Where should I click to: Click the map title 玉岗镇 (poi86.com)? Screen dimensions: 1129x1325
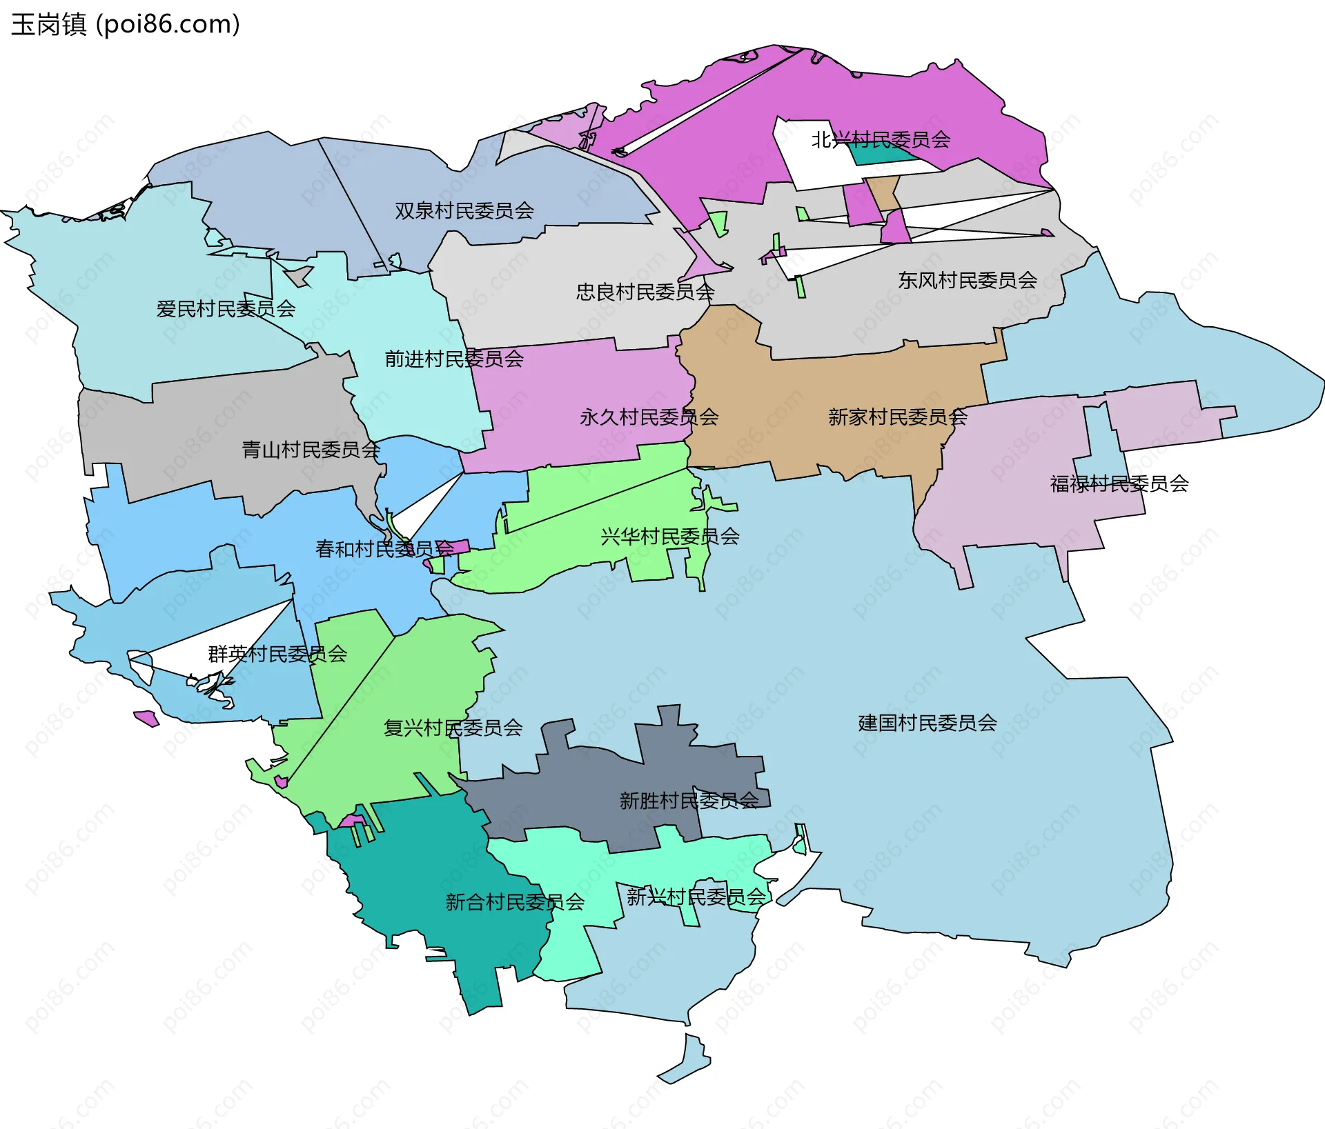126,24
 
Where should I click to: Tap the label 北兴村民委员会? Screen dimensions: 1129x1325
881,140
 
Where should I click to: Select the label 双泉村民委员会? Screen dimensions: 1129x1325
464,210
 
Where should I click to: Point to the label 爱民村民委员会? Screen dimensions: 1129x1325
226,309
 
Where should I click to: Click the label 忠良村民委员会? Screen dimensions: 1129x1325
645,292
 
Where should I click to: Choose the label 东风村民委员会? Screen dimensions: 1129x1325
968,280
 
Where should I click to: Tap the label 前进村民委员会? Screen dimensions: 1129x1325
454,359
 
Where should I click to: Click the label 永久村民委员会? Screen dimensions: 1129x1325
649,417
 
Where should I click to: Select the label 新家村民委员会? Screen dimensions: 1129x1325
898,417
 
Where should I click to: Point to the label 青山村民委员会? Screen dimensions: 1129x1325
311,450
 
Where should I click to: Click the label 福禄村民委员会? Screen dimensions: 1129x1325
1119,483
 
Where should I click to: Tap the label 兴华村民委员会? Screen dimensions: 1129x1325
670,536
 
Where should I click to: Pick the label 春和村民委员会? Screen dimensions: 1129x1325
385,548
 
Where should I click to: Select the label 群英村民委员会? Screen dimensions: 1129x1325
277,653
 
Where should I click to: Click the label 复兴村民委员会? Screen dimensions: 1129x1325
453,727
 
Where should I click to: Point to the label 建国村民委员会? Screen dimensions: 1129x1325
927,723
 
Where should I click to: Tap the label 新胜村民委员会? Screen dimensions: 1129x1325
689,800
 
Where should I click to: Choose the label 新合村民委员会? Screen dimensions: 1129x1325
516,901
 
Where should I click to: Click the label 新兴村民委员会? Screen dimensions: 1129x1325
696,897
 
